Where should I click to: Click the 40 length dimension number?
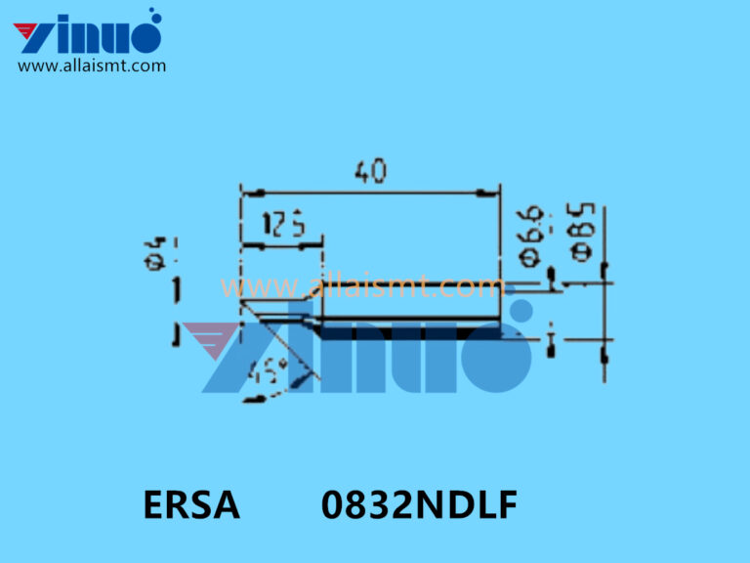[x=370, y=172]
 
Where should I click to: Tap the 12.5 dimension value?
[x=283, y=227]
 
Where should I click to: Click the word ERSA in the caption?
[x=191, y=506]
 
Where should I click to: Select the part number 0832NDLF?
[x=420, y=506]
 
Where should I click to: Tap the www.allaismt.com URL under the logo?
[x=92, y=66]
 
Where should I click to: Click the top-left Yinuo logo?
[x=88, y=35]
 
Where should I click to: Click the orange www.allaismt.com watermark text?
[x=361, y=287]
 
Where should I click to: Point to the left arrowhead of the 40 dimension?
[x=247, y=194]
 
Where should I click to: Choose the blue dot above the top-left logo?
[x=152, y=15]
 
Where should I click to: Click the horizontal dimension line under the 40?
[x=370, y=194]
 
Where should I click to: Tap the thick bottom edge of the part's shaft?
[x=410, y=333]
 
